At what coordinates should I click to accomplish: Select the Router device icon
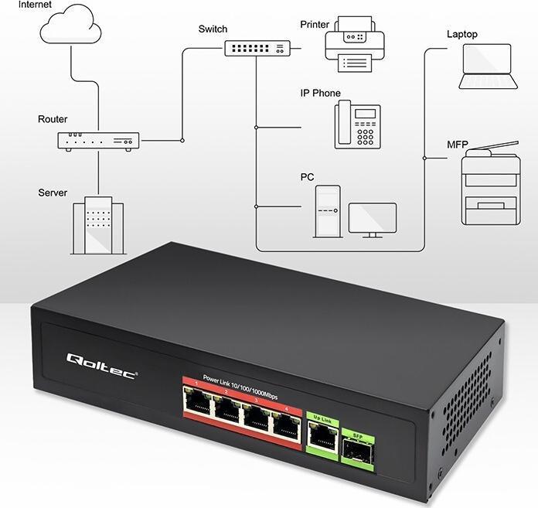[x=98, y=141]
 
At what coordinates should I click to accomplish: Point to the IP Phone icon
[x=357, y=124]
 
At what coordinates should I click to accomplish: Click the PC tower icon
[x=326, y=210]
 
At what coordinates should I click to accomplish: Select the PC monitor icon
[x=372, y=219]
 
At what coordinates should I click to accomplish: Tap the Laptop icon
[x=486, y=66]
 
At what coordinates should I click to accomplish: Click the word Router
[x=53, y=119]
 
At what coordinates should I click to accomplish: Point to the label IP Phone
[x=320, y=93]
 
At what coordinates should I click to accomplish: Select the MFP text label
[x=458, y=145]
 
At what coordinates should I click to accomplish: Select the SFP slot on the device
[x=357, y=448]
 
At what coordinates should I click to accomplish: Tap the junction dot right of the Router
[x=182, y=141]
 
